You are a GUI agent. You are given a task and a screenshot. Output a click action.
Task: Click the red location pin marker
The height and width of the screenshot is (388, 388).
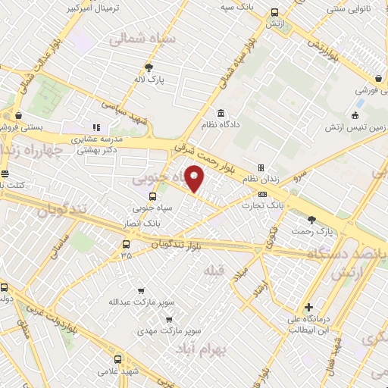pyautogui.click(x=195, y=178)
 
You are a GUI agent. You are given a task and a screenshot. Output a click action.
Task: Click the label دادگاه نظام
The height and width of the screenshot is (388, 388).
pyautogui.click(x=220, y=124)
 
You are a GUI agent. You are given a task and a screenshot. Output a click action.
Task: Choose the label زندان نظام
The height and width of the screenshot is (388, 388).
pyautogui.click(x=259, y=179)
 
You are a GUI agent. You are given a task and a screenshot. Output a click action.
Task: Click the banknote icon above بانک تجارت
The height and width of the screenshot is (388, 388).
pyautogui.click(x=263, y=194)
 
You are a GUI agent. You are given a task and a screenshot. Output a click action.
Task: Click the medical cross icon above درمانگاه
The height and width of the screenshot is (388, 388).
pyautogui.click(x=308, y=308)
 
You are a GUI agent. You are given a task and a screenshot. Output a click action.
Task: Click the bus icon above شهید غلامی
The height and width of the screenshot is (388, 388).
pyautogui.click(x=103, y=360)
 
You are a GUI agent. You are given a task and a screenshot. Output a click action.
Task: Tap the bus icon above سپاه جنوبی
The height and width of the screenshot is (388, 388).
pyautogui.click(x=153, y=196)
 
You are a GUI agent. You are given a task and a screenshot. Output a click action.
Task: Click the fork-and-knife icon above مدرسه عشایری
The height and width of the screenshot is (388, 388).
pyautogui.click(x=96, y=127)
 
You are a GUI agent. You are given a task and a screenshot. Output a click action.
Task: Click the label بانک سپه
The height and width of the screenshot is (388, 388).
pyautogui.click(x=236, y=6)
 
